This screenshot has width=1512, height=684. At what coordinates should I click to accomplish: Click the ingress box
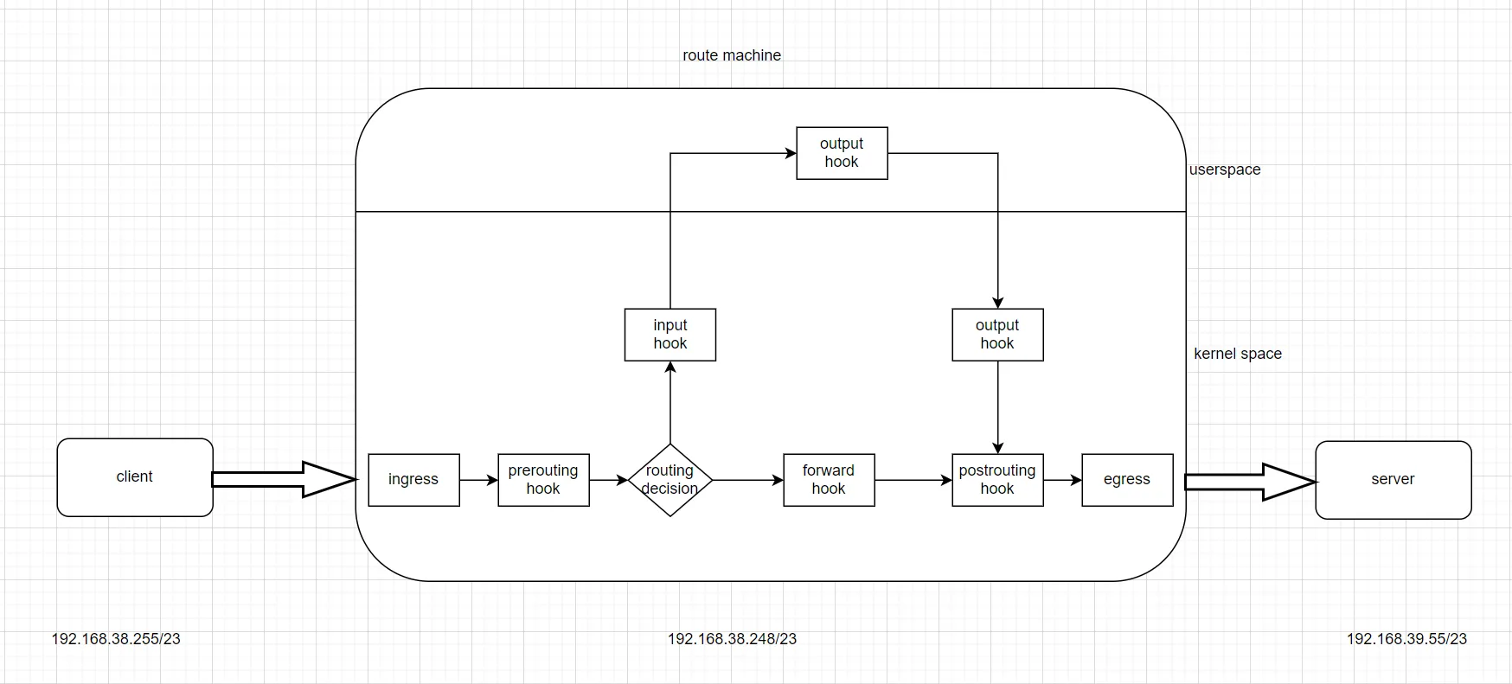pyautogui.click(x=413, y=480)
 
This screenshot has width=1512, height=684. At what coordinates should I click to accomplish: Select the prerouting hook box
pyautogui.click(x=543, y=480)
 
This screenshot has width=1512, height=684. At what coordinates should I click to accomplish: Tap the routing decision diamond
pyautogui.click(x=670, y=480)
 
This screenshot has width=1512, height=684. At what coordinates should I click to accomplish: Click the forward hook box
pyautogui.click(x=829, y=480)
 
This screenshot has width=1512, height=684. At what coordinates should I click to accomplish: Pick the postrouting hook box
pyautogui.click(x=997, y=480)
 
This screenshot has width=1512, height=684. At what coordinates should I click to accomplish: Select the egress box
pyautogui.click(x=1127, y=480)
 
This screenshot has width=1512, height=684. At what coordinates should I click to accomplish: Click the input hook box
pyautogui.click(x=670, y=335)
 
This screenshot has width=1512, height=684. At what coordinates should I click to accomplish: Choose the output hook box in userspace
pyautogui.click(x=842, y=153)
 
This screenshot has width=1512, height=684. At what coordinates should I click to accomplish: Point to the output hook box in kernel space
pyautogui.click(x=997, y=335)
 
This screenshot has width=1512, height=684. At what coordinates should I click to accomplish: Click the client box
pyautogui.click(x=135, y=477)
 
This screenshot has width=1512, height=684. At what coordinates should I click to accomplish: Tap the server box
pyautogui.click(x=1393, y=480)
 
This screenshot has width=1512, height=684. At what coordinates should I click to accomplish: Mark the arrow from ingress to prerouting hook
pyautogui.click(x=478, y=480)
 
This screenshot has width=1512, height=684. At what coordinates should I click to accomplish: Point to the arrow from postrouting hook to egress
pyautogui.click(x=1062, y=480)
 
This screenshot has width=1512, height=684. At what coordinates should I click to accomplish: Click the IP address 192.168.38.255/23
pyautogui.click(x=116, y=639)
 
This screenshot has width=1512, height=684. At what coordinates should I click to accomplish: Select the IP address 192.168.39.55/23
pyautogui.click(x=1406, y=639)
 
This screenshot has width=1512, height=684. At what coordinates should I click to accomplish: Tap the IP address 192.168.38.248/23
pyautogui.click(x=732, y=639)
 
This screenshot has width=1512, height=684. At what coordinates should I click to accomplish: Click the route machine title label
pyautogui.click(x=732, y=55)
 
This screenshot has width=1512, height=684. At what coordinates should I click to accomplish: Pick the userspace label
pyautogui.click(x=1225, y=169)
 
